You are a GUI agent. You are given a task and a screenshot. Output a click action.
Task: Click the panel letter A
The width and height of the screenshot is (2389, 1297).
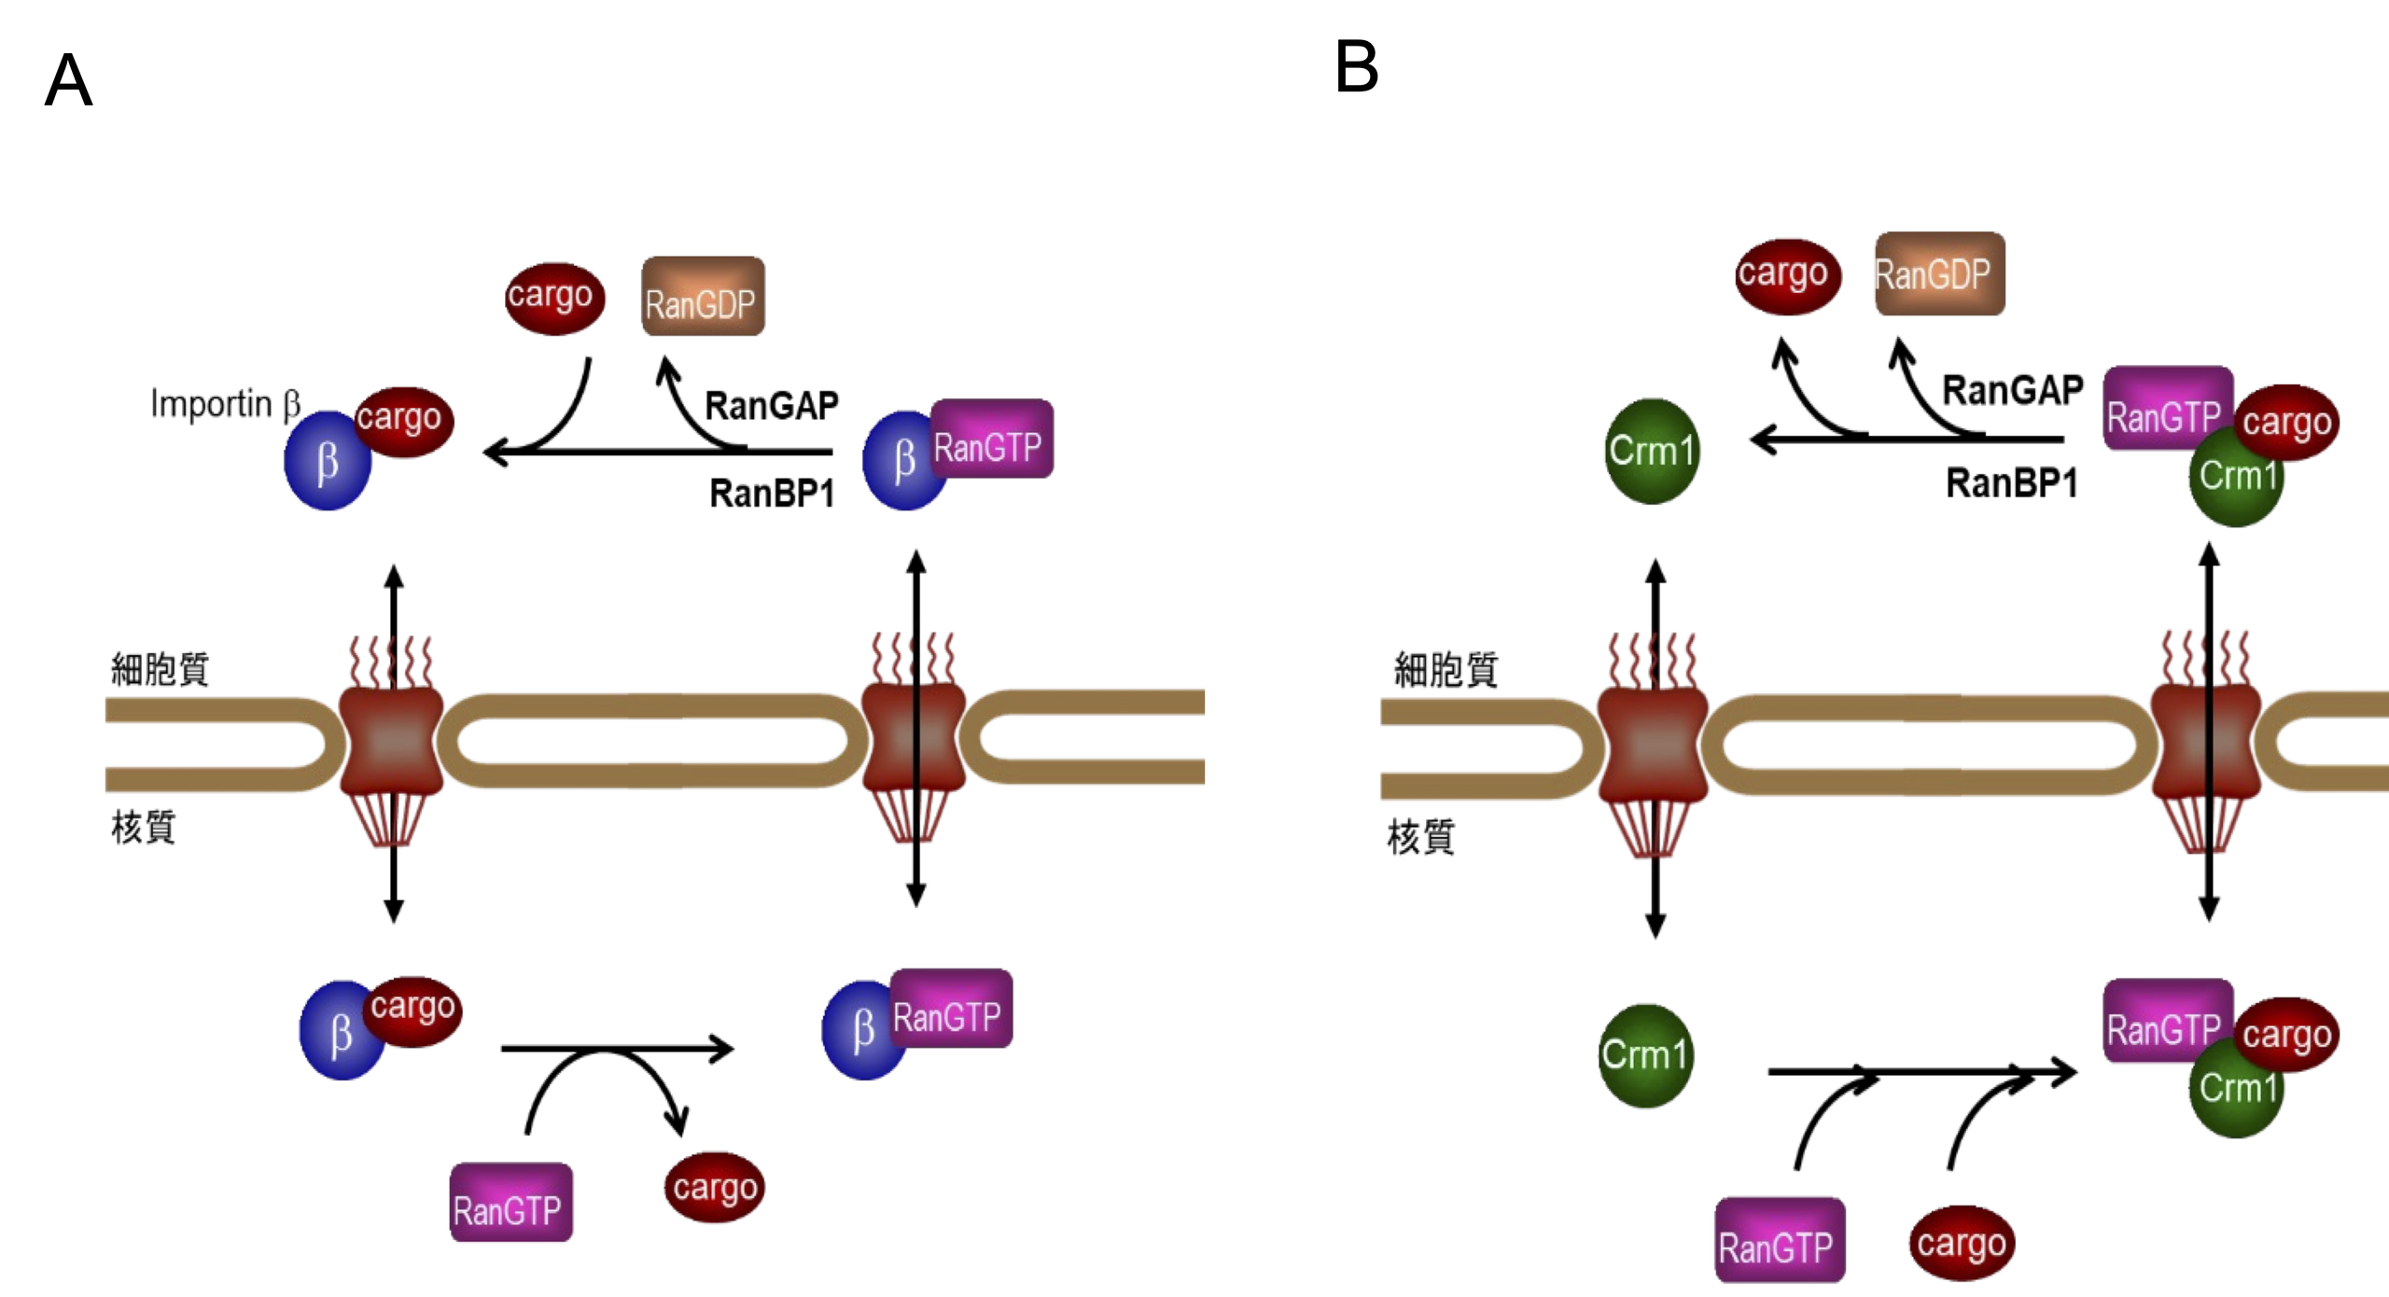click(x=68, y=81)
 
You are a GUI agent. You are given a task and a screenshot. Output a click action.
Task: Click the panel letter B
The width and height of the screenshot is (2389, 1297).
click(x=1356, y=67)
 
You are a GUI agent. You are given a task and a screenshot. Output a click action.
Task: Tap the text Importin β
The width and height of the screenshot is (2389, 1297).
click(x=225, y=404)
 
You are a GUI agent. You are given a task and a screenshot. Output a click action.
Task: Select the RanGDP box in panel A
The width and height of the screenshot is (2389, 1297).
click(x=703, y=297)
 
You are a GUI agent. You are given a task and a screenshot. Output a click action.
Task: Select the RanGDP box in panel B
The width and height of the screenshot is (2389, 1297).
click(x=1939, y=273)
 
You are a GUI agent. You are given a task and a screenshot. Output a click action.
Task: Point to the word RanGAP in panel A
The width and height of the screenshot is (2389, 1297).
click(x=771, y=406)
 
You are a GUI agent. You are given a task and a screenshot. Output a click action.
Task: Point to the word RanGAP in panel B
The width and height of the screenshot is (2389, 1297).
click(x=2012, y=390)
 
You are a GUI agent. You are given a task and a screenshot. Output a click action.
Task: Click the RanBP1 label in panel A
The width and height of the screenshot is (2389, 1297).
click(x=771, y=493)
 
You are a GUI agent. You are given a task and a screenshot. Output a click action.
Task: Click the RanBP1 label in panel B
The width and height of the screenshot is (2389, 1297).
click(x=2011, y=482)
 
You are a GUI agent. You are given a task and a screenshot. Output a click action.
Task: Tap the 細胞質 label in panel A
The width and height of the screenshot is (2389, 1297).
click(x=160, y=669)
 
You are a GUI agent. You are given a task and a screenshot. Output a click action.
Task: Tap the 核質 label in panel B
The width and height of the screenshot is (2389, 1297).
click(x=1420, y=836)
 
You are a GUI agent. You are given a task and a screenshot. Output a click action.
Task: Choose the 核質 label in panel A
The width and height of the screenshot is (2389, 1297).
click(x=143, y=827)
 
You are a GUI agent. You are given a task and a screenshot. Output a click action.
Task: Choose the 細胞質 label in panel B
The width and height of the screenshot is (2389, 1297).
click(x=1446, y=669)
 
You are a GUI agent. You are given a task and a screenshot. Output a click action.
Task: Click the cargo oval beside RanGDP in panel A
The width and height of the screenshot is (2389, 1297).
click(x=554, y=298)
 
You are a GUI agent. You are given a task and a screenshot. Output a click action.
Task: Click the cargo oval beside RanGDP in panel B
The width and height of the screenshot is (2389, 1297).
click(x=1787, y=275)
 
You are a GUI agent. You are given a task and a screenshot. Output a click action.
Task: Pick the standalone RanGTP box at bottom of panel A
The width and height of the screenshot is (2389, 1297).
click(x=510, y=1202)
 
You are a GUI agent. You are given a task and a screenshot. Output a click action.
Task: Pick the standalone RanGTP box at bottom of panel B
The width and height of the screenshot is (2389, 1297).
click(x=1780, y=1239)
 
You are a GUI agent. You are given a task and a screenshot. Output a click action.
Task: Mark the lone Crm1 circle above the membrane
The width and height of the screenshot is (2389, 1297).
click(x=1652, y=452)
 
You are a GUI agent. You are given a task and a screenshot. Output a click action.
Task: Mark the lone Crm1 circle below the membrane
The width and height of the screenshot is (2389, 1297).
click(x=1645, y=1055)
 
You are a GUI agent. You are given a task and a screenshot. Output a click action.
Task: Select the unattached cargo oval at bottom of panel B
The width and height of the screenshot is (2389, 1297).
click(x=1962, y=1243)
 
